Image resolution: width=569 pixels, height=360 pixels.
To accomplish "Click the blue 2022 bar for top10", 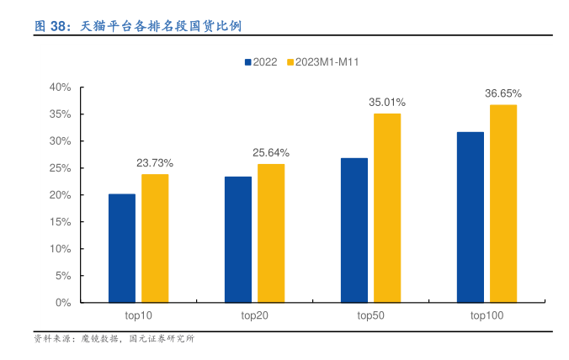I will coord(122,248).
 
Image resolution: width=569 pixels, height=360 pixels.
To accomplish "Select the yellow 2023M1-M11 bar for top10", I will coord(155,238).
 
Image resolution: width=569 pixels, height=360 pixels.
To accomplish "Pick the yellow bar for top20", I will coord(271,233).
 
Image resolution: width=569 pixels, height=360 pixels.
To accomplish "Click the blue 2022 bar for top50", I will coord(354,230).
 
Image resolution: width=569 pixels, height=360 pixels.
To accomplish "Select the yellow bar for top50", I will coord(387,208).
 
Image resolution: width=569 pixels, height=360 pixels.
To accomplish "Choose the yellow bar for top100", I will coord(503,204).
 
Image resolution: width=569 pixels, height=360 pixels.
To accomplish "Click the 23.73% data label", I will coord(155,162).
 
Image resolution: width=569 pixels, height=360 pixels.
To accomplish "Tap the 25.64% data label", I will coord(271,152).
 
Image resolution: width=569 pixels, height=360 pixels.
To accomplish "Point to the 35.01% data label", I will coord(387,102).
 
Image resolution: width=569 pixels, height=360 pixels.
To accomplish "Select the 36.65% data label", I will coord(503,93).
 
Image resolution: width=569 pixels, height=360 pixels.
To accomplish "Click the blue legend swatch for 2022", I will coord(248,62).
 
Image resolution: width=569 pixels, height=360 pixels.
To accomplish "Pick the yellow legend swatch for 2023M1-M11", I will coord(291,62).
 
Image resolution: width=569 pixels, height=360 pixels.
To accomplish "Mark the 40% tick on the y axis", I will coord(59,87).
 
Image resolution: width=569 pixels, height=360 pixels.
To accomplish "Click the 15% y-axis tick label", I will coord(59,221).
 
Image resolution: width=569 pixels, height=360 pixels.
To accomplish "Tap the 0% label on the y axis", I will coord(62,302).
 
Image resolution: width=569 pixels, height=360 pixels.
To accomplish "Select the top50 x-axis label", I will coord(371,315).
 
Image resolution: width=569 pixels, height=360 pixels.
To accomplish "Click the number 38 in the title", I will coord(59,26).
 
